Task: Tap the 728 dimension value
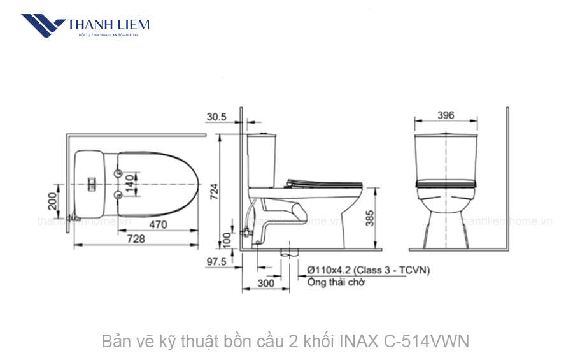136,238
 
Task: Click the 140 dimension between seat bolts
130,183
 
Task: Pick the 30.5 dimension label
216,117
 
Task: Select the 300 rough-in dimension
266,282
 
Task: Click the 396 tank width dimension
446,115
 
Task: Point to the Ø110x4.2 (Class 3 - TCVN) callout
367,270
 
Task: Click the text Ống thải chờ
336,283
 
